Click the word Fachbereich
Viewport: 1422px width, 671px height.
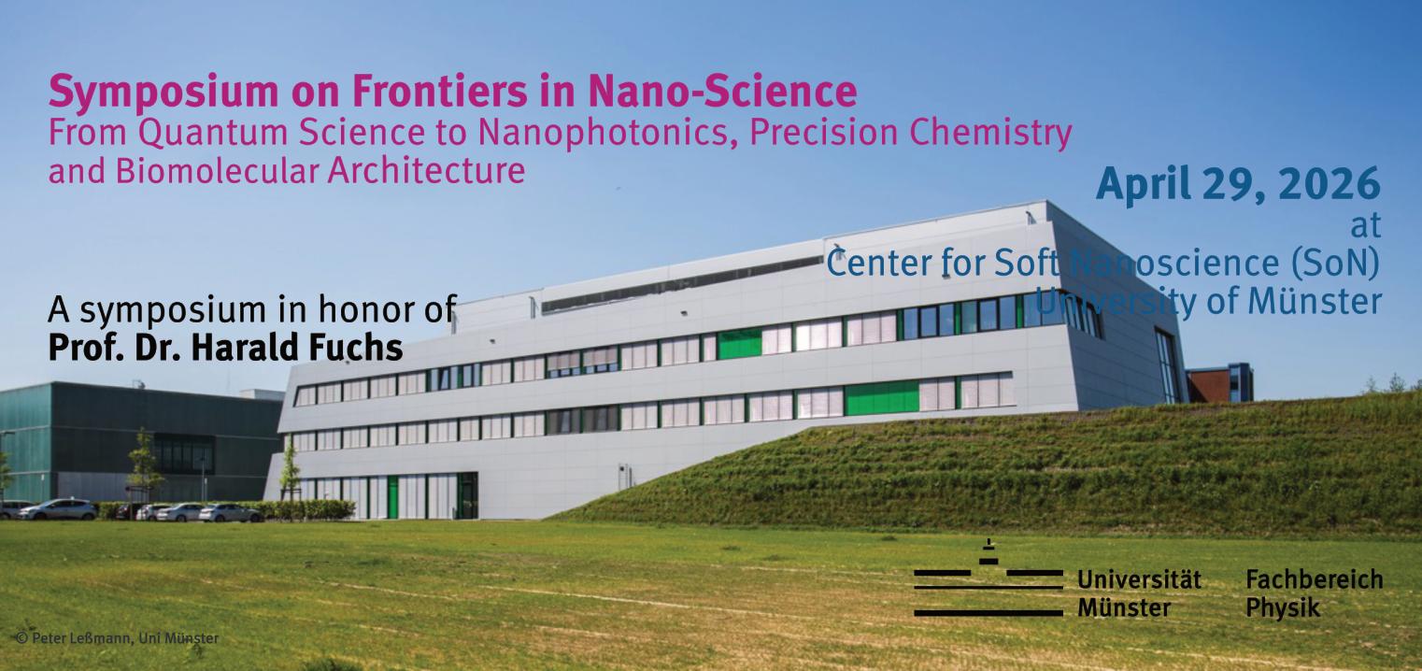tap(1314, 579)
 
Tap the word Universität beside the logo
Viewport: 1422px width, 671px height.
tap(1139, 579)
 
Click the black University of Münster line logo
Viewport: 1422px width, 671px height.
tap(988, 578)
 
